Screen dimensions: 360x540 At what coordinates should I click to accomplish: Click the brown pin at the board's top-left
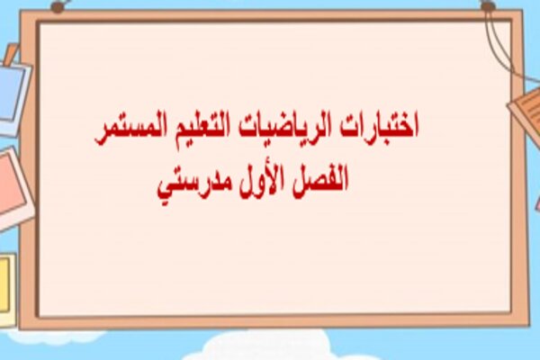(57, 6)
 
